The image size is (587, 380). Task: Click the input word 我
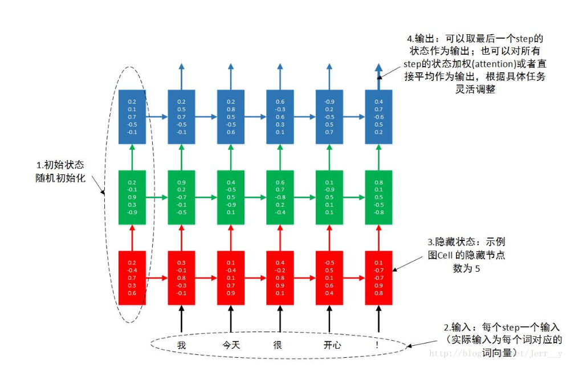[x=181, y=345]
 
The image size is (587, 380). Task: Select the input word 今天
[x=230, y=345]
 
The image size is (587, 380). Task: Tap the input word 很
[x=278, y=345]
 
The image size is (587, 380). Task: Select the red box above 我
[x=181, y=278]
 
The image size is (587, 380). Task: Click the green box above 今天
[x=230, y=197]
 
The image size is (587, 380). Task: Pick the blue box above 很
[x=280, y=116]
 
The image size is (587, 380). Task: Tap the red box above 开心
[x=329, y=278]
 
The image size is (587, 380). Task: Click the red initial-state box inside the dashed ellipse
[x=132, y=278]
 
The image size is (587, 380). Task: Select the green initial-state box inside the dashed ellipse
[x=132, y=197]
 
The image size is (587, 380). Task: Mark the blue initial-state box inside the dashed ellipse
[x=132, y=116]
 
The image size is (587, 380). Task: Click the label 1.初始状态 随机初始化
[x=60, y=171]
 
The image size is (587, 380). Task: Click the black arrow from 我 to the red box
[x=181, y=318]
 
